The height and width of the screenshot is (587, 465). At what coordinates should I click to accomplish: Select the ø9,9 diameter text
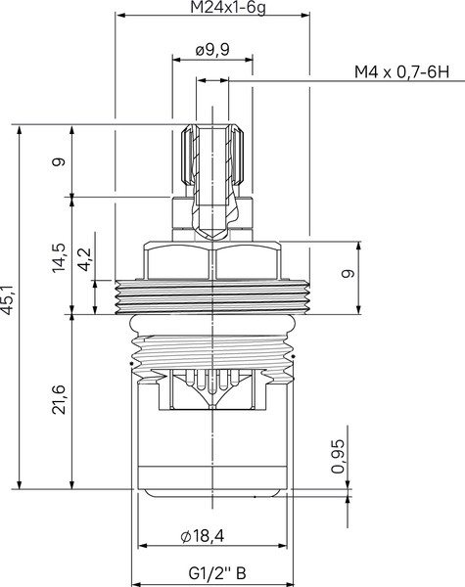[x=212, y=51]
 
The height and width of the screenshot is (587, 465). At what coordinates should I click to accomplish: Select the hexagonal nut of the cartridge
[x=213, y=259]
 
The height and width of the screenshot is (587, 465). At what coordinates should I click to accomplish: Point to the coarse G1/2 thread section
[x=213, y=347]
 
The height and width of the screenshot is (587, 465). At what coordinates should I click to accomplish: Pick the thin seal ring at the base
[x=213, y=495]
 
